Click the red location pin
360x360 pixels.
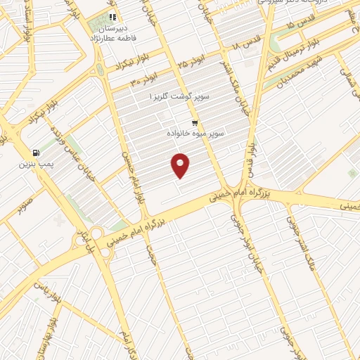[x=181, y=165]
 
